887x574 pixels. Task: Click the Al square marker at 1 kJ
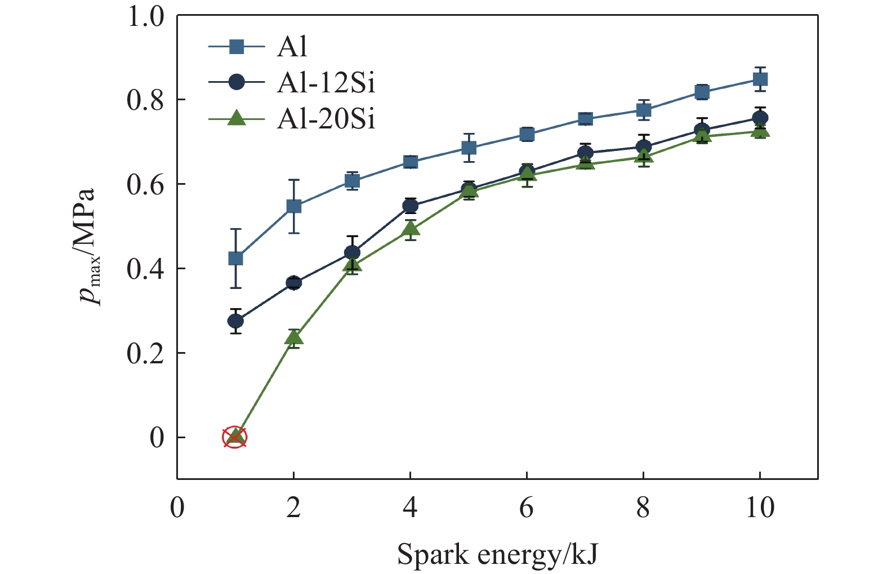[235, 259]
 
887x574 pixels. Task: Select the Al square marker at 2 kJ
[294, 207]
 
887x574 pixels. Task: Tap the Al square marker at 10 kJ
[760, 79]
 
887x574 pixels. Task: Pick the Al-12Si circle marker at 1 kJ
[235, 321]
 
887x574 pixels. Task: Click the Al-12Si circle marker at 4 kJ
[411, 206]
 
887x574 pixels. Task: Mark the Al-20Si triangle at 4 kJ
[411, 229]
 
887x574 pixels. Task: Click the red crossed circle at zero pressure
[235, 437]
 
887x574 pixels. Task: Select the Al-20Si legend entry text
[326, 119]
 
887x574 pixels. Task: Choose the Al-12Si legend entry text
[326, 83]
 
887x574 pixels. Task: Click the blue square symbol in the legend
[237, 46]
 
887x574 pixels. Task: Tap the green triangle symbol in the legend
[237, 118]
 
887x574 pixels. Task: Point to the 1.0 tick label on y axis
[145, 16]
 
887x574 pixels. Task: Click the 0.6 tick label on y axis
[145, 184]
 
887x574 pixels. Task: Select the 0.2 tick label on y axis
[145, 353]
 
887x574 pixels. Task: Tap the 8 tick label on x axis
[643, 508]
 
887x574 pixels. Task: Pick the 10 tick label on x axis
[760, 508]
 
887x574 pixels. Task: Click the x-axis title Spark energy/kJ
[497, 554]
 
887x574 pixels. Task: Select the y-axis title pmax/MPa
[88, 247]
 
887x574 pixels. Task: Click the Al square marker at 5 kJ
[469, 148]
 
